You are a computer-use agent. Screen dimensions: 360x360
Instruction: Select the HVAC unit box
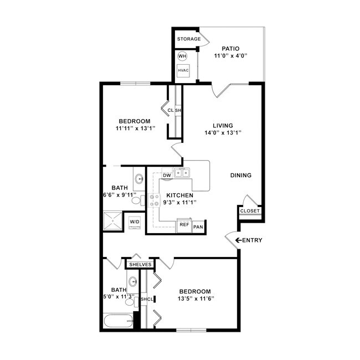pyautogui.click(x=183, y=71)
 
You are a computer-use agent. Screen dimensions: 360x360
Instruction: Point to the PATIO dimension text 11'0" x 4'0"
pyautogui.click(x=230, y=56)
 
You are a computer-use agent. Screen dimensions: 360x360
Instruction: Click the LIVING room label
pyautogui.click(x=223, y=125)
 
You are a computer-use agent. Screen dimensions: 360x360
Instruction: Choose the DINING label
pyautogui.click(x=241, y=176)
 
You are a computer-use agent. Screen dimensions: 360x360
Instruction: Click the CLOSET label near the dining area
pyautogui.click(x=249, y=211)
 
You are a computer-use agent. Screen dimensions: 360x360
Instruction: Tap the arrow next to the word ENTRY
pyautogui.click(x=239, y=240)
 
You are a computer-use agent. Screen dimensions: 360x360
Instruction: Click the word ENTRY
pyautogui.click(x=253, y=240)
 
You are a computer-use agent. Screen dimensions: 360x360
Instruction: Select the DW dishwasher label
pyautogui.click(x=167, y=175)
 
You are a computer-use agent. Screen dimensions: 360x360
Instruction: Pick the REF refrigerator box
pyautogui.click(x=184, y=226)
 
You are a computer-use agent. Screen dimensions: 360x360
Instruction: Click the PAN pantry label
pyautogui.click(x=198, y=227)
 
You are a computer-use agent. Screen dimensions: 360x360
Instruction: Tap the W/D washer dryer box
pyautogui.click(x=135, y=222)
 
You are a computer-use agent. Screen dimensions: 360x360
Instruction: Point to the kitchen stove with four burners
pyautogui.click(x=154, y=200)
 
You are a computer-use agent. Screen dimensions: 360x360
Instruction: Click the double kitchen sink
pyautogui.click(x=182, y=173)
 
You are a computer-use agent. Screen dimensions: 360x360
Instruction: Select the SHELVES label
pyautogui.click(x=140, y=265)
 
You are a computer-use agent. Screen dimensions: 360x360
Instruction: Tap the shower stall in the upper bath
pyautogui.click(x=112, y=222)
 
